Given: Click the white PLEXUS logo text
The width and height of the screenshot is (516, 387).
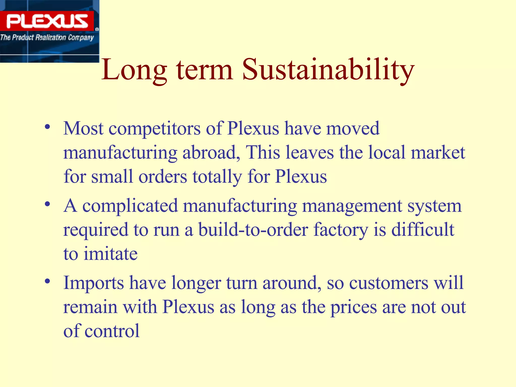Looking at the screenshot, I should pos(47,21).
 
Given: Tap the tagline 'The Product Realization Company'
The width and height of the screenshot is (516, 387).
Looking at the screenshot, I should pos(47,38).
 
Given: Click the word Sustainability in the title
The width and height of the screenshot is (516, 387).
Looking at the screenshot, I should pos(328,70).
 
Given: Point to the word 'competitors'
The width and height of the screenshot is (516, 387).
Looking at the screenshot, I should pos(154,129).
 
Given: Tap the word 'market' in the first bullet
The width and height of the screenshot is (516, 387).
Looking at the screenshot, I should pos(438,153).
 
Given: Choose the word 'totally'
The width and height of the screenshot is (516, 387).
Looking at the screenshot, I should pos(217,177).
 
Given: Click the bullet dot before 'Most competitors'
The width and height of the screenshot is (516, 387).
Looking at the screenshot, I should pos(47,127).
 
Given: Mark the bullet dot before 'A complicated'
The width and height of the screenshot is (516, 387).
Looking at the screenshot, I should pos(47,204).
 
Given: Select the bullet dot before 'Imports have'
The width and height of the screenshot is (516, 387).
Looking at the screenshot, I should pos(47,281).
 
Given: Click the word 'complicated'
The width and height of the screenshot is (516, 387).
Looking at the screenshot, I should pos(130,206).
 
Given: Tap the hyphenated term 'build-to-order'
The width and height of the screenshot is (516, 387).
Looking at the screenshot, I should pos(253,230).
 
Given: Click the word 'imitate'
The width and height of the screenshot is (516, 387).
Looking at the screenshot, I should pos(110,254).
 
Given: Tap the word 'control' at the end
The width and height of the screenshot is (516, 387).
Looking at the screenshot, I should pos(112,331).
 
